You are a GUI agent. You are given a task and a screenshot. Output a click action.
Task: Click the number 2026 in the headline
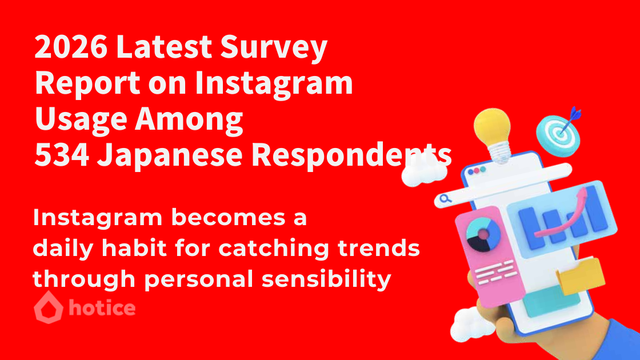pos(71,46)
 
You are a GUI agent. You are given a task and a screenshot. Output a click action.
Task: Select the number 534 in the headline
pos(62,155)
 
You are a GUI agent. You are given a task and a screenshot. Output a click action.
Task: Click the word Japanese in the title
pos(170,157)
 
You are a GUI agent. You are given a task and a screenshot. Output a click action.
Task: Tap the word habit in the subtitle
pos(134,247)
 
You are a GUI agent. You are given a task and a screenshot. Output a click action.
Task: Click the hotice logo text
pos(102,307)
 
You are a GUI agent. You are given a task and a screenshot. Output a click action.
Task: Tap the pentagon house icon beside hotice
pos(49,307)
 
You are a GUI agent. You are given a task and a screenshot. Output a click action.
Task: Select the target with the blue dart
pos(559,133)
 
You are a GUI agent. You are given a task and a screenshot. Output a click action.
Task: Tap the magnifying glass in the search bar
pos(446,199)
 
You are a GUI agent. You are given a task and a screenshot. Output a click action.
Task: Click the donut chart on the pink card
pos(483,235)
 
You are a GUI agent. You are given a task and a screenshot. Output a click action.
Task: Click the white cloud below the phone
pos(473,325)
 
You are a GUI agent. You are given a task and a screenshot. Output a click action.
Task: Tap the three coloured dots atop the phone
pos(477,171)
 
